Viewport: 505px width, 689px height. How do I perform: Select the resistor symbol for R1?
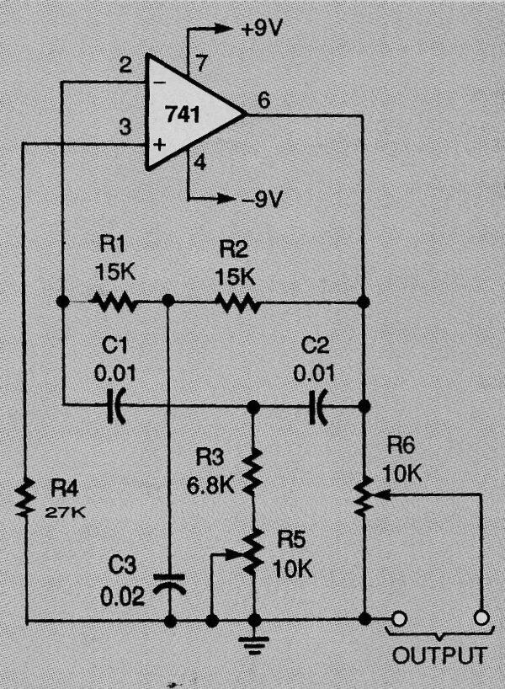(114, 301)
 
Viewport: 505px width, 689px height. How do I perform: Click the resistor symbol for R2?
(237, 301)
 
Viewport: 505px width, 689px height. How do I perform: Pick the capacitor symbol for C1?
(116, 407)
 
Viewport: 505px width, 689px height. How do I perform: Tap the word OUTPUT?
(439, 656)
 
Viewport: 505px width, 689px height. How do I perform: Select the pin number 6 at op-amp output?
(263, 100)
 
